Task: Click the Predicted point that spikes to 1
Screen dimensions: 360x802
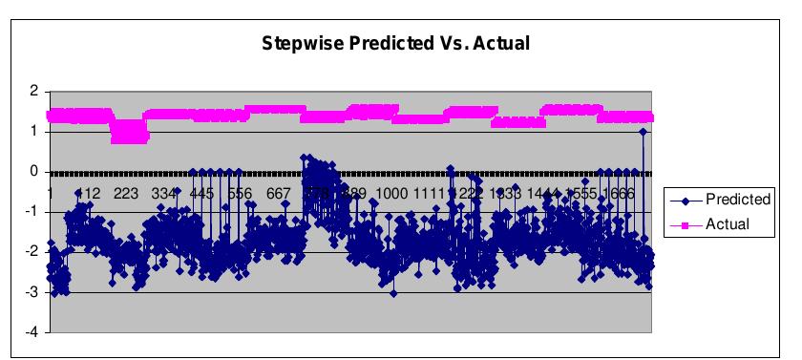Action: click(x=644, y=132)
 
